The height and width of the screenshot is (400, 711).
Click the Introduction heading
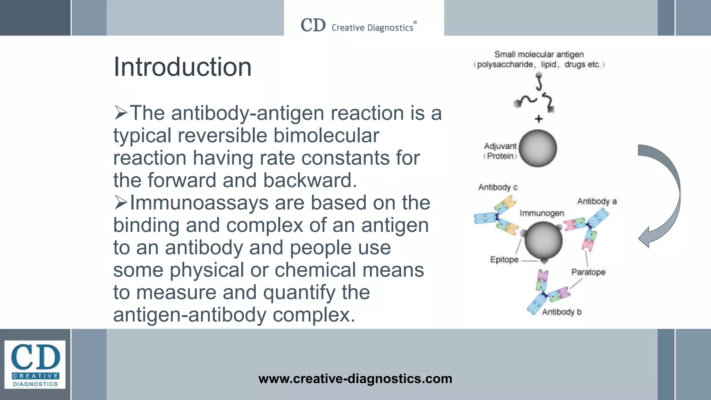point(182,67)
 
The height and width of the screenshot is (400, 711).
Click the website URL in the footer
point(355,378)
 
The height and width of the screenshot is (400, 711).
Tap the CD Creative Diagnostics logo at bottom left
point(35,365)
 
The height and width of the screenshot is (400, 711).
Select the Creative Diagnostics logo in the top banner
point(359,26)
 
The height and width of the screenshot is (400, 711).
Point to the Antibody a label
point(597,201)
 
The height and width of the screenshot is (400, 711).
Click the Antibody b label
point(562,312)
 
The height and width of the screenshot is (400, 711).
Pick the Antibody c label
point(497,187)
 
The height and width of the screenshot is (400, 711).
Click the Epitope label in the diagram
point(504,260)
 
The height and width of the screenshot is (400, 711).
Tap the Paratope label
point(588,272)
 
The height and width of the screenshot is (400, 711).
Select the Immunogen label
point(542,213)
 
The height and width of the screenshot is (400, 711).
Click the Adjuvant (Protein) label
point(500,151)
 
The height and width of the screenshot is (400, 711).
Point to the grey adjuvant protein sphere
point(538,149)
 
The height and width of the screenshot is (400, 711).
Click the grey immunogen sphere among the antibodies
point(543,240)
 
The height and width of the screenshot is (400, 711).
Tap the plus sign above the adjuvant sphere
point(538,119)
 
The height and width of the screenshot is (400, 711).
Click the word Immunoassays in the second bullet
point(199,203)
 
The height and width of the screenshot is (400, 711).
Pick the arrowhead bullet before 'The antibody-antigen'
point(120,113)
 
